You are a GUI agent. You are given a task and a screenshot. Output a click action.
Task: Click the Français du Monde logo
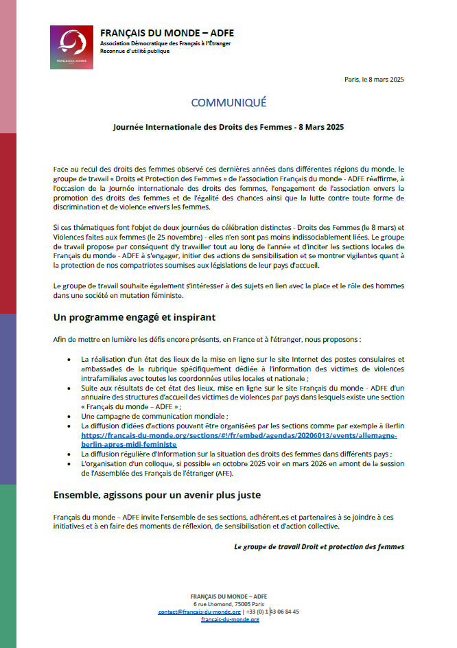click(x=71, y=47)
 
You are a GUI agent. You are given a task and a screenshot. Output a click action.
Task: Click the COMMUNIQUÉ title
click(x=228, y=102)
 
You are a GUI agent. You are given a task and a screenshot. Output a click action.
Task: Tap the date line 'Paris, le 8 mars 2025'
click(x=374, y=79)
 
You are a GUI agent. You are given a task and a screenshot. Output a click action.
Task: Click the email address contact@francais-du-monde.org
click(x=199, y=611)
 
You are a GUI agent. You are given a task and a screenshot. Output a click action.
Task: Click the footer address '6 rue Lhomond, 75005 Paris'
click(x=229, y=603)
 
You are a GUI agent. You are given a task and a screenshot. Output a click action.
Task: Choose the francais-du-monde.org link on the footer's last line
click(x=229, y=619)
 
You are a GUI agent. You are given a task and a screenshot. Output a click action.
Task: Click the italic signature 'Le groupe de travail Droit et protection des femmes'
click(x=318, y=546)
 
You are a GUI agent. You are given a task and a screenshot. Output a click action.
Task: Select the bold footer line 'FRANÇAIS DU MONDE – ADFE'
click(x=229, y=595)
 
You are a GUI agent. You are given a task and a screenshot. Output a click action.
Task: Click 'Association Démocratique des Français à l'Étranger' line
click(x=165, y=43)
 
